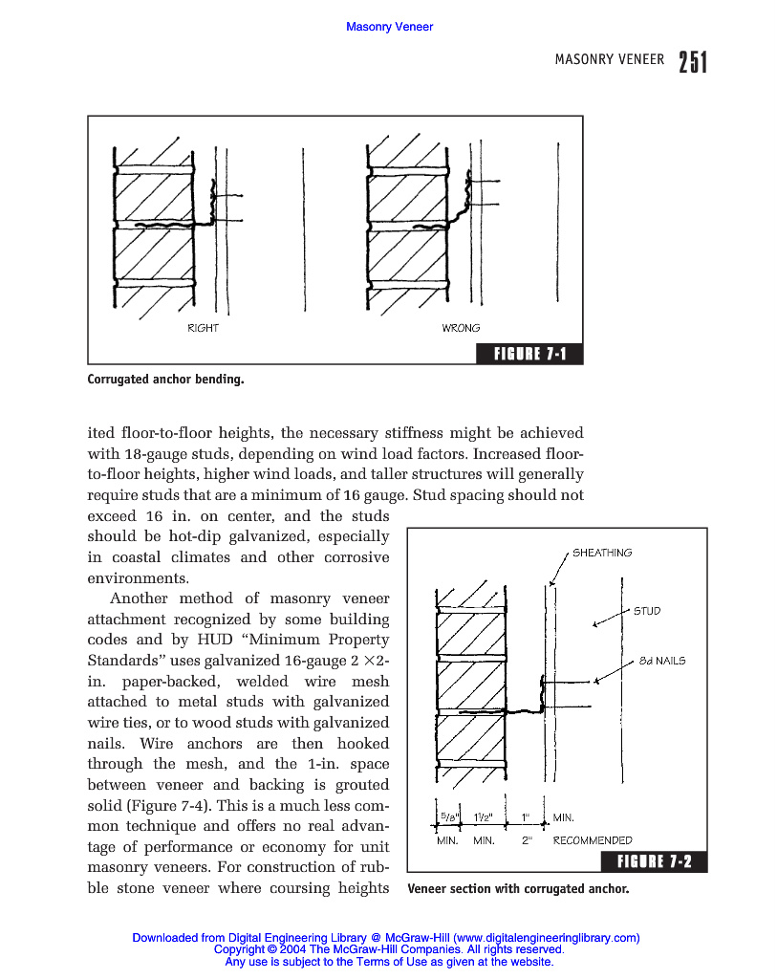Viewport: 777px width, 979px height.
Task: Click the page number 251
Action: [693, 62]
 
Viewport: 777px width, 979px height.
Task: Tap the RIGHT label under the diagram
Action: [203, 328]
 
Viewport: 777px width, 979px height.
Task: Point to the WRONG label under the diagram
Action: [461, 328]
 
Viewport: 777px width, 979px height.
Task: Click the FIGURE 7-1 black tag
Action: [529, 355]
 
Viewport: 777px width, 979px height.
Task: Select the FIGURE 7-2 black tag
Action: [654, 862]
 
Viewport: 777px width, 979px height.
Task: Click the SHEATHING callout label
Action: [601, 553]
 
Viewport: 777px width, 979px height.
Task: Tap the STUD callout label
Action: [647, 611]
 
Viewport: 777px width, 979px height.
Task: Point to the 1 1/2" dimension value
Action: [484, 817]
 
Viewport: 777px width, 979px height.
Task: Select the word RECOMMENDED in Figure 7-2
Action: [593, 840]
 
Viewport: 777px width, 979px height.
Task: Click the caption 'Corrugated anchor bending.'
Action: [165, 380]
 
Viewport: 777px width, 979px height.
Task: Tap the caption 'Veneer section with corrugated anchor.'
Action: [518, 889]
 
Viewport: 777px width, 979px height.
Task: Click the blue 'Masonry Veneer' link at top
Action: [389, 27]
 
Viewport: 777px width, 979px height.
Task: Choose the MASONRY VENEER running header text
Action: [609, 59]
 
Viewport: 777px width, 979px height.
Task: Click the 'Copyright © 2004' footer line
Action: [389, 950]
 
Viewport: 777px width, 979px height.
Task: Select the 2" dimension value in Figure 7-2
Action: [527, 840]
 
